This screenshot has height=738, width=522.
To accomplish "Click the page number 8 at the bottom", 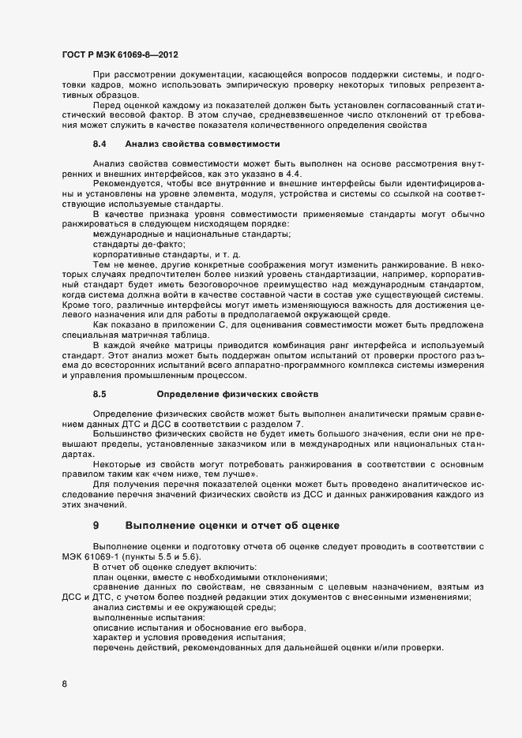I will [x=64, y=683].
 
